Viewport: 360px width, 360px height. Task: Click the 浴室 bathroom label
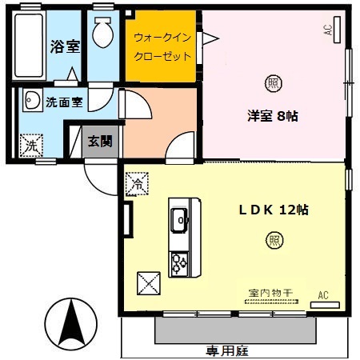(x=65, y=46)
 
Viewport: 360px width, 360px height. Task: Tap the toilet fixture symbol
(x=103, y=34)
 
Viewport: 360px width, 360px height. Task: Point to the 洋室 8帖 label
(x=272, y=115)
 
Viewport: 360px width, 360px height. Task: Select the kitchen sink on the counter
(x=178, y=216)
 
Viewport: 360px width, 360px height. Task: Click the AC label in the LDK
(x=324, y=294)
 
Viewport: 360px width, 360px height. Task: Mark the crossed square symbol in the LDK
(x=150, y=283)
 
